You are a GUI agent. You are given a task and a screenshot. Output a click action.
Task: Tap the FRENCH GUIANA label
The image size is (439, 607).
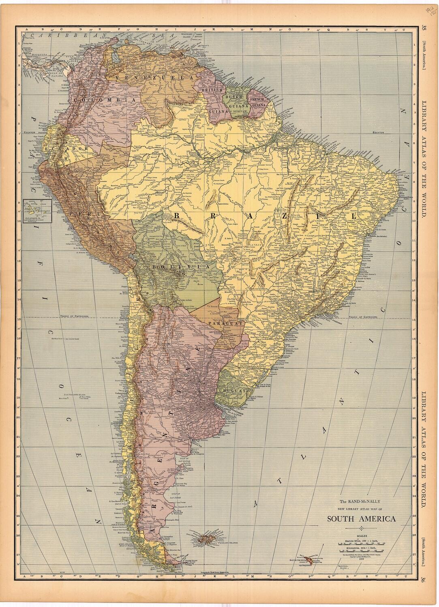[x=258, y=102]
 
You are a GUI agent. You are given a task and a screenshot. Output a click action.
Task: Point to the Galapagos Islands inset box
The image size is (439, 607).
[x=37, y=211]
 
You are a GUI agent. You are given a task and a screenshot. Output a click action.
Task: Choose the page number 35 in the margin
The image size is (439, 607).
[x=423, y=28]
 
